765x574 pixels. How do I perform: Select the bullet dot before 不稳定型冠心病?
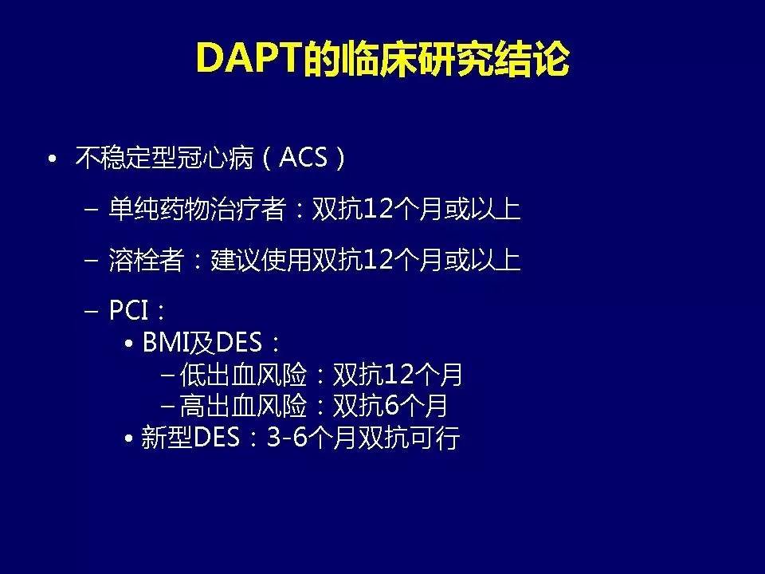click(x=52, y=159)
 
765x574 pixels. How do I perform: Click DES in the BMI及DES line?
click(x=239, y=344)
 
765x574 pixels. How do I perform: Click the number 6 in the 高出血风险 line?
click(x=390, y=407)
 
